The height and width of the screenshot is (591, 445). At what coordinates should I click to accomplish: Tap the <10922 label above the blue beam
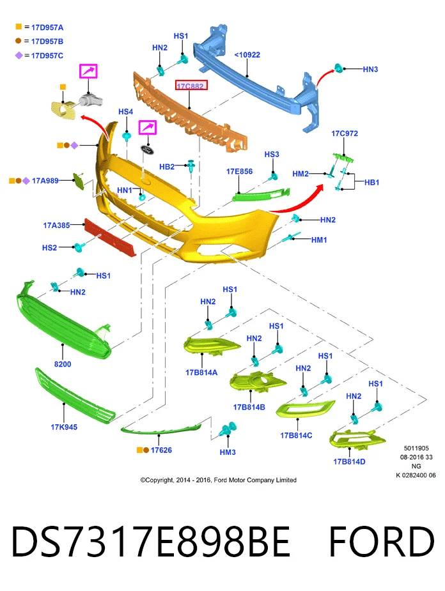247,55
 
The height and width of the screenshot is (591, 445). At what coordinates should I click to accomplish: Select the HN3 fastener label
370,70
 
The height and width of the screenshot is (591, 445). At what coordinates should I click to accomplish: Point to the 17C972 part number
345,134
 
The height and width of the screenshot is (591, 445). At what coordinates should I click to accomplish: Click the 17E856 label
240,171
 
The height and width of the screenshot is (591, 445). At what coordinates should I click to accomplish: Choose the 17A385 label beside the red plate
56,226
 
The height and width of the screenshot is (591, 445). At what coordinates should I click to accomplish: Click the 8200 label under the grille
63,364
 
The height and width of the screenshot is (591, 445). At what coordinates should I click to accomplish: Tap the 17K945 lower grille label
64,427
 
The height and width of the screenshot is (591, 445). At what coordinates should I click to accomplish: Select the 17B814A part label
201,372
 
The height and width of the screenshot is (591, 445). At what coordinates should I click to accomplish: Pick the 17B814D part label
349,462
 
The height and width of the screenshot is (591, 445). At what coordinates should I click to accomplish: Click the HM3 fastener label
228,452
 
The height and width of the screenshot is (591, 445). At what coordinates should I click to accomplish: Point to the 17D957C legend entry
47,56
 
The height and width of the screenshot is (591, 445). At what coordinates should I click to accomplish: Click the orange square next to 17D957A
19,27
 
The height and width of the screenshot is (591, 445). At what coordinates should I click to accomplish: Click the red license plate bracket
110,238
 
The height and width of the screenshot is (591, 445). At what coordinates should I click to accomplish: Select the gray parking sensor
91,100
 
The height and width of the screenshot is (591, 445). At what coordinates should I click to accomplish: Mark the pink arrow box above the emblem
148,127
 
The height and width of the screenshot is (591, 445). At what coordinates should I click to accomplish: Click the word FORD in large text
382,542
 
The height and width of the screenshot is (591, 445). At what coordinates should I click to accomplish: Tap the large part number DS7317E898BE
151,542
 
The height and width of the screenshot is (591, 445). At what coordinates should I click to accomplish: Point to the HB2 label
167,167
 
